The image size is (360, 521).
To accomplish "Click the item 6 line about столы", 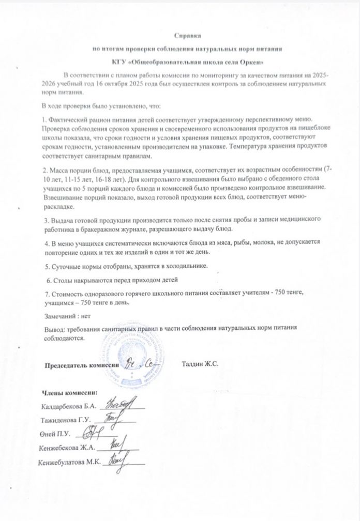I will [x=112, y=280].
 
